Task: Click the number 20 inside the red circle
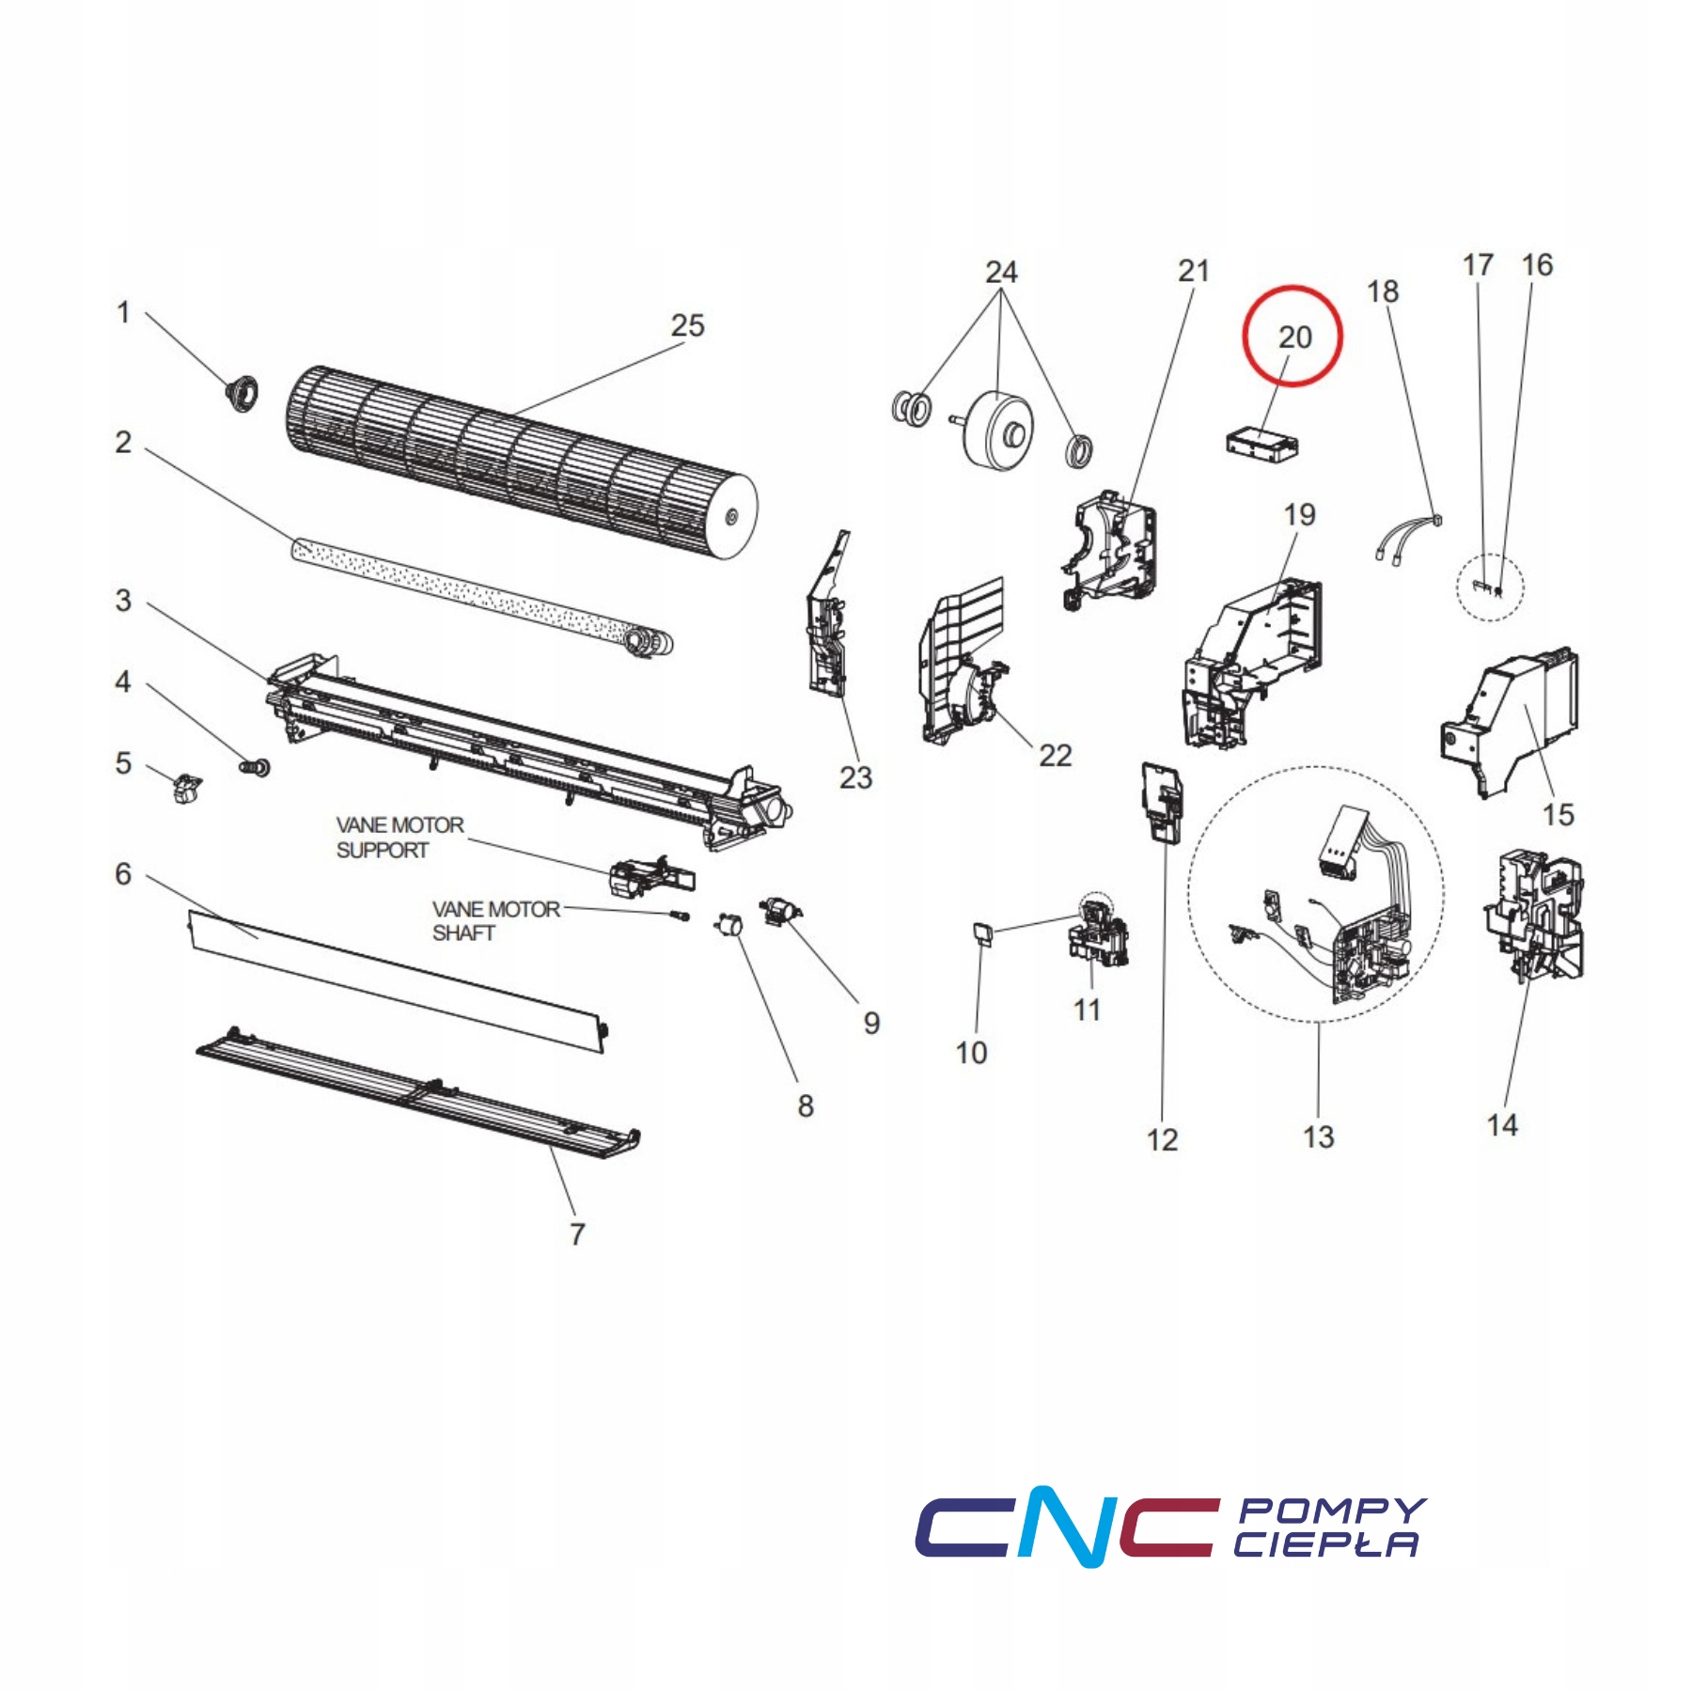pyautogui.click(x=1294, y=337)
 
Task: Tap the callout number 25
pyautogui.click(x=687, y=325)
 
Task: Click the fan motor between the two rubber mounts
pyautogui.click(x=996, y=430)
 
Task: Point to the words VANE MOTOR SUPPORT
pyautogui.click(x=399, y=838)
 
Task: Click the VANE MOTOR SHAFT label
pyautogui.click(x=495, y=921)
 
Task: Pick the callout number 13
pyautogui.click(x=1318, y=1137)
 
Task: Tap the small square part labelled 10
pyautogui.click(x=983, y=932)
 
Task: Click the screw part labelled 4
pyautogui.click(x=255, y=767)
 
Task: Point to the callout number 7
pyautogui.click(x=577, y=1234)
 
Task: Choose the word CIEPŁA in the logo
pyautogui.click(x=1325, y=1543)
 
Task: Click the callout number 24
pyautogui.click(x=1001, y=272)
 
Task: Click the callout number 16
pyautogui.click(x=1537, y=265)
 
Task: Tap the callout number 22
pyautogui.click(x=1055, y=756)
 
